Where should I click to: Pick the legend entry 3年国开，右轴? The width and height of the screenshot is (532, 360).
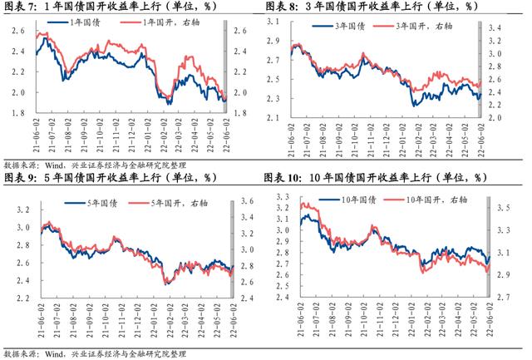point(415,27)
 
